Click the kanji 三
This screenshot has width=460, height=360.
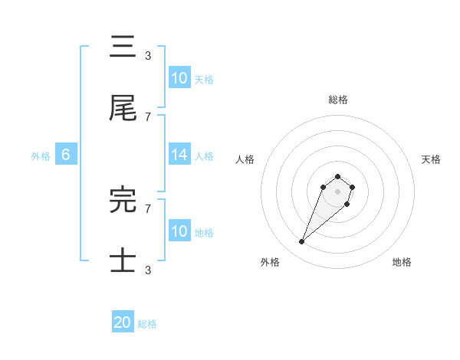coord(123,47)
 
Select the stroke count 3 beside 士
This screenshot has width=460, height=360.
coord(148,270)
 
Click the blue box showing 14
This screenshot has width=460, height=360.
coord(179,155)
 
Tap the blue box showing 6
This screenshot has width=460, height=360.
coord(66,155)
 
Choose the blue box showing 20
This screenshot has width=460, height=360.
coord(123,322)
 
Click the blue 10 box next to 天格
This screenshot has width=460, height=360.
coord(179,77)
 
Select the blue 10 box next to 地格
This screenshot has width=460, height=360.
coord(179,231)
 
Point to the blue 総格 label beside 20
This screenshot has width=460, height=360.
coord(147,324)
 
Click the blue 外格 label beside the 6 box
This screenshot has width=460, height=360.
coord(41,156)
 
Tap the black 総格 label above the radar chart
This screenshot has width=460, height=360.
coord(338,100)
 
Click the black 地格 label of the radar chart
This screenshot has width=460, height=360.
coord(402,262)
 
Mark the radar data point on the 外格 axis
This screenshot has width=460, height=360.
coord(302,242)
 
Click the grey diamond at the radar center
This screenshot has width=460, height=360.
coord(338,191)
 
